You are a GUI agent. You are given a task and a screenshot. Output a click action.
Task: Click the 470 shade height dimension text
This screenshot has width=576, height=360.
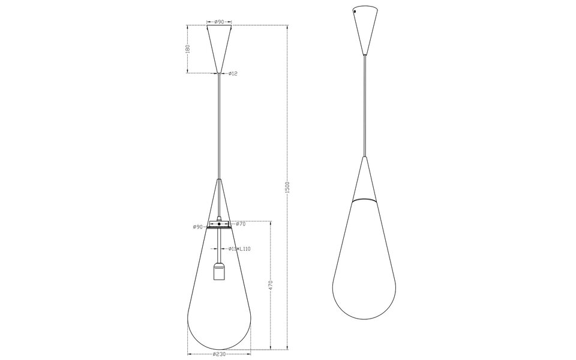pyautogui.click(x=271, y=285)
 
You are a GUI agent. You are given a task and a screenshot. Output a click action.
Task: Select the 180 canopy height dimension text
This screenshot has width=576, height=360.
pyautogui.click(x=188, y=49)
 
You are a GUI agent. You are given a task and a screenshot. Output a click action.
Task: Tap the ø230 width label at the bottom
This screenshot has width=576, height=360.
pyautogui.click(x=220, y=354)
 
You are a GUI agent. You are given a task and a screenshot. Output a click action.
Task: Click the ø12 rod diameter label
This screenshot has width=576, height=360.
pyautogui.click(x=233, y=74)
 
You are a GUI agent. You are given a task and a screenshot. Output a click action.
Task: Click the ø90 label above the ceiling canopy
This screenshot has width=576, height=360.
pyautogui.click(x=219, y=22)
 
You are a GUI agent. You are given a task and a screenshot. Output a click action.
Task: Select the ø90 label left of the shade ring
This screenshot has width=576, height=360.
pyautogui.click(x=198, y=227)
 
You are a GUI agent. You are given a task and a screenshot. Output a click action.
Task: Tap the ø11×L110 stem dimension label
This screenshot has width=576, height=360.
pyautogui.click(x=238, y=248)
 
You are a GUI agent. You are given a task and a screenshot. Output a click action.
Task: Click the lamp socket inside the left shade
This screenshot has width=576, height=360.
pyautogui.click(x=219, y=273)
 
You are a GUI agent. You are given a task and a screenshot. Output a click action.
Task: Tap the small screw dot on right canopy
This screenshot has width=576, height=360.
pyautogui.click(x=355, y=11)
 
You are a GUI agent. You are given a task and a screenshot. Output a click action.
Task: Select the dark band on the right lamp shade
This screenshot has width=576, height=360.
pyautogui.click(x=364, y=197)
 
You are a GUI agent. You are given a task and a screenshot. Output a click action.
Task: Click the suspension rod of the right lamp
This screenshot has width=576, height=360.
pyautogui.click(x=364, y=108)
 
